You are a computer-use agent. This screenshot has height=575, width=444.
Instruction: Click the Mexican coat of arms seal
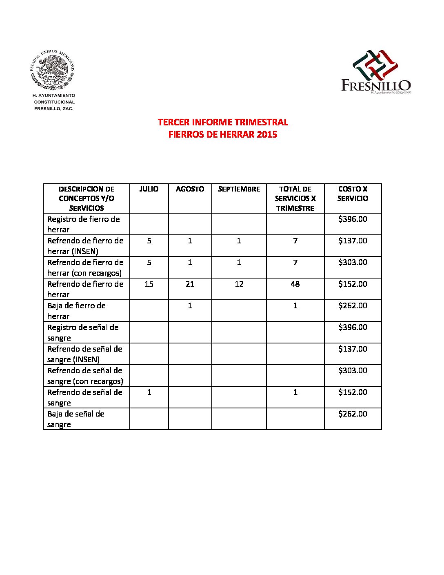[x=53, y=70]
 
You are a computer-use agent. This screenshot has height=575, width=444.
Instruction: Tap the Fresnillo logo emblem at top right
[x=375, y=65]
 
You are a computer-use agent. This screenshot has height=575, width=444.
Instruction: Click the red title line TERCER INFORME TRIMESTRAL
[x=223, y=122]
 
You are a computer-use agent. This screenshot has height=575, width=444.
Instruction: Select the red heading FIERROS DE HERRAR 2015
[x=223, y=134]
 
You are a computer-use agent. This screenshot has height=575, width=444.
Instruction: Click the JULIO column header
[x=149, y=189]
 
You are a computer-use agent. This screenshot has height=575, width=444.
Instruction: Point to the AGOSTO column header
[x=190, y=189]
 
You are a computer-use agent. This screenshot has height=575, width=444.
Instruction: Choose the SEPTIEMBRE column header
[x=239, y=189]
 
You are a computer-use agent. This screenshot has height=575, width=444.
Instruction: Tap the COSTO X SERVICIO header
[x=353, y=194]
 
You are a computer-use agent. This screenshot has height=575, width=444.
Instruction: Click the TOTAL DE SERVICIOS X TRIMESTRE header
[x=295, y=198]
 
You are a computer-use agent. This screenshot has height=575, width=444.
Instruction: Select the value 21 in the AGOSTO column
[x=190, y=284]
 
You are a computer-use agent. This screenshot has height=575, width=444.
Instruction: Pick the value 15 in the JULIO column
[x=149, y=284]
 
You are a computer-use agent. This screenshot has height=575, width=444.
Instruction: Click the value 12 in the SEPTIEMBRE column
[x=239, y=284]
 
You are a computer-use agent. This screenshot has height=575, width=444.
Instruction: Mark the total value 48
[x=295, y=284]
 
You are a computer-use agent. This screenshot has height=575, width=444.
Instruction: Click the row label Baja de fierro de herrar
[x=77, y=311]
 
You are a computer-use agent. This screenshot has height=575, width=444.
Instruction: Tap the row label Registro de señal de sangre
[x=83, y=332]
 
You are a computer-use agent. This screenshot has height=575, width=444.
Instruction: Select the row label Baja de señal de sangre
[x=76, y=419]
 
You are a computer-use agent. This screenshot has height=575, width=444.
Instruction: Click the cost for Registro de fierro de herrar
[x=353, y=219]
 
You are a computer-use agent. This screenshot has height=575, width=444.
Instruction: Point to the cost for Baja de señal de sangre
[x=353, y=414]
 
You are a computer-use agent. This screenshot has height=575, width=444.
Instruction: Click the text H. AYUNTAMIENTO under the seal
[x=54, y=96]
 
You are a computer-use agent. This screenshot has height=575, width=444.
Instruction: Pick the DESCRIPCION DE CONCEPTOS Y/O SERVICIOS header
[x=87, y=198]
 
